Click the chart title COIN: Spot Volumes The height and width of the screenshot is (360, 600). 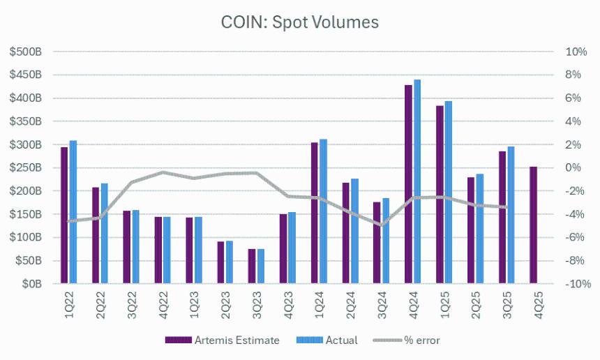click(300, 22)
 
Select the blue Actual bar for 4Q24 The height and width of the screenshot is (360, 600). click(417, 182)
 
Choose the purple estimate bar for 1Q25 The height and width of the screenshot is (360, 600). click(440, 195)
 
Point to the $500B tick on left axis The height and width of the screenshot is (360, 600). click(28, 52)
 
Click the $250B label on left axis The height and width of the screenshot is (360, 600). click(28, 168)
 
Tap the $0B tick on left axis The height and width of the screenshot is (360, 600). click(32, 285)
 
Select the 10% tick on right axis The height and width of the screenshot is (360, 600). click(576, 52)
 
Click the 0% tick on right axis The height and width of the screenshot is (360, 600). click(573, 168)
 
